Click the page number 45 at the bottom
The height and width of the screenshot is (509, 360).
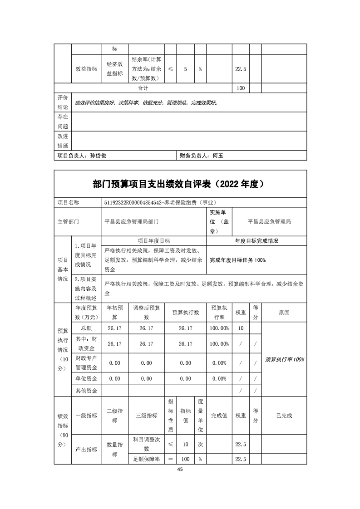point(180,470)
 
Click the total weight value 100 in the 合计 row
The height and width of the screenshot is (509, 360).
point(241,88)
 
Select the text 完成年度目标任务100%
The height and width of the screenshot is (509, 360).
point(238,260)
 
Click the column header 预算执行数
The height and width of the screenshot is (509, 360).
point(185,312)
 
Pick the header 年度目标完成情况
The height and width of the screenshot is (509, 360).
point(256,240)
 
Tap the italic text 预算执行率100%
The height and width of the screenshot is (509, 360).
point(284,359)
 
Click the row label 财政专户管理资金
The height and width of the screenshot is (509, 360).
point(86,363)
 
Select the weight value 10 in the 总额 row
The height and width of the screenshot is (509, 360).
point(241,328)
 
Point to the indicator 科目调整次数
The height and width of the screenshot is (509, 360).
point(147,444)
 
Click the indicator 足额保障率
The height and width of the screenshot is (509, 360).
point(147,459)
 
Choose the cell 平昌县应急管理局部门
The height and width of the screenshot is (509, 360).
point(132,222)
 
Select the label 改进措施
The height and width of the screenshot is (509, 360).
point(62,141)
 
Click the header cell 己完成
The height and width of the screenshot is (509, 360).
point(284,415)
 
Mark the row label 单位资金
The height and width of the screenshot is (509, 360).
point(86,378)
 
